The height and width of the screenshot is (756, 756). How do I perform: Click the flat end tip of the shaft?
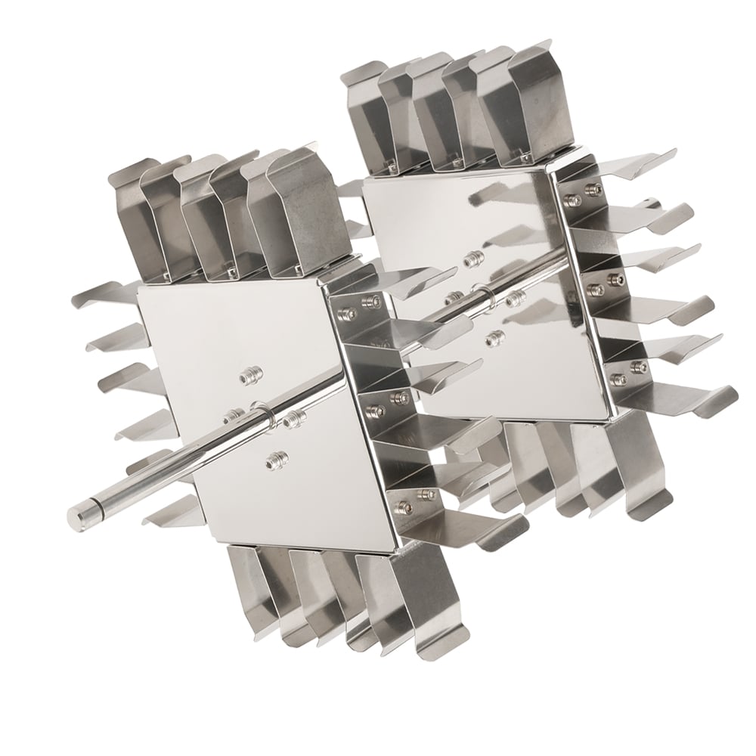(76, 518)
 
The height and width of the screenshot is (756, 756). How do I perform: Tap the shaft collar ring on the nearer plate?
(262, 416)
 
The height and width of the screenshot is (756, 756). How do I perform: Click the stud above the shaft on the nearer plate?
(247, 376)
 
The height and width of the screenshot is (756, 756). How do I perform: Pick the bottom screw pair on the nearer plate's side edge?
(415, 497)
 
